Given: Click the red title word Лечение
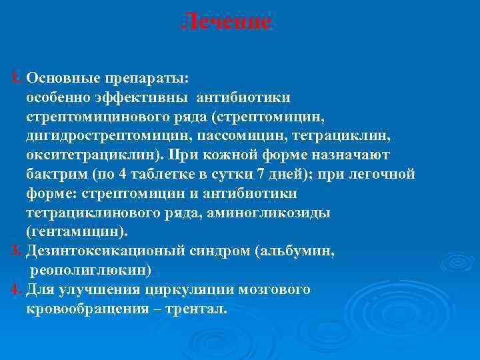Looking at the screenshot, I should [227, 21].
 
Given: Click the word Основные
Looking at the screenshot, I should [57, 77].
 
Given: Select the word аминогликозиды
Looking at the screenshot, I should [269, 213].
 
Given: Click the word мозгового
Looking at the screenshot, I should [275, 290].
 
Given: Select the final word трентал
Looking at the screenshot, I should [199, 309].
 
